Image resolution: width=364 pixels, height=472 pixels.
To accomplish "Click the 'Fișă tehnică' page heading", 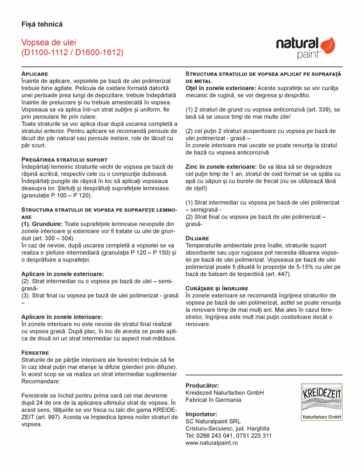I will coord(42,25).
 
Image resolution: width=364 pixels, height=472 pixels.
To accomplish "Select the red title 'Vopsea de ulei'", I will coord(49,42).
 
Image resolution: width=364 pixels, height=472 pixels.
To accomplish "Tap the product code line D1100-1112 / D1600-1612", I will coord(72,52).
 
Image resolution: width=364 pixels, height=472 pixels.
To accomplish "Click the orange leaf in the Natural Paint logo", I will coord(328,46).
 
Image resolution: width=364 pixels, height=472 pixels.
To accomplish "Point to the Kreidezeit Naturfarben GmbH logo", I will coord(321,402).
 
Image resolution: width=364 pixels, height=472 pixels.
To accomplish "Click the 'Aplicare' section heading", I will coord(34,74).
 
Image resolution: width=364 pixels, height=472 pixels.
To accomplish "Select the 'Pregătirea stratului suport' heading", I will coord(64,159).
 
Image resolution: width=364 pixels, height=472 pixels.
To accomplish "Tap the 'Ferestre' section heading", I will coord(35,352).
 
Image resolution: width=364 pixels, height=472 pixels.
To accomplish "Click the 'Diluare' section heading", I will coord(197,238).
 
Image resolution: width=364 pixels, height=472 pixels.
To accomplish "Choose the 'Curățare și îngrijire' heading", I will coord(217,288).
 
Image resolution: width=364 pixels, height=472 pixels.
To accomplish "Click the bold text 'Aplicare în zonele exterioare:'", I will coord(63,274).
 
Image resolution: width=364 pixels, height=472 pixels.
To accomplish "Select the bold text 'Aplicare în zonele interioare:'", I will coord(62,317).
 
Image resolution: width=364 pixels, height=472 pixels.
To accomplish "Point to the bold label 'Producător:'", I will coord(202,386).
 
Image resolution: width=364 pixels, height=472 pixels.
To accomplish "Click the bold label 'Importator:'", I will coord(201,414).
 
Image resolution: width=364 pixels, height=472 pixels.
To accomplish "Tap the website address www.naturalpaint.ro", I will coord(212,443).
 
